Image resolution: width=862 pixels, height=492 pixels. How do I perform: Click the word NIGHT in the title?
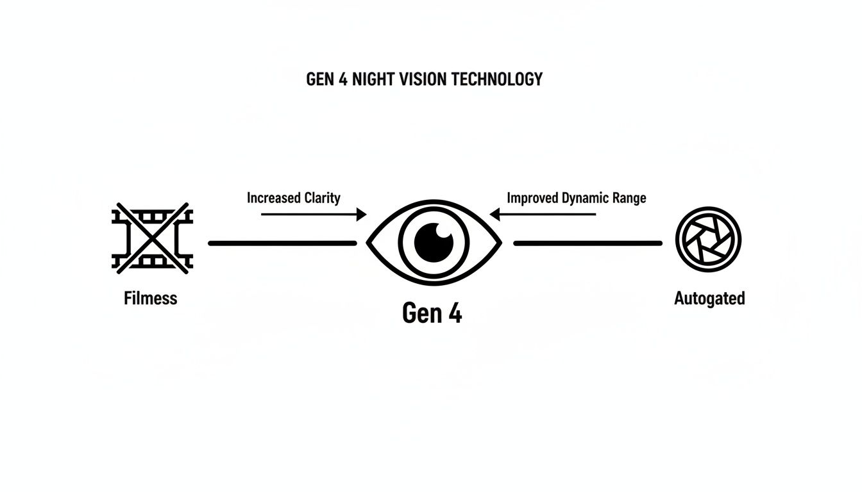click(375, 79)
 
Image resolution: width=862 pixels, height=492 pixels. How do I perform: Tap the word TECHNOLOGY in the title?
click(497, 79)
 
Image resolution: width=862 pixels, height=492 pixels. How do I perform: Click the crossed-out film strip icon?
click(152, 239)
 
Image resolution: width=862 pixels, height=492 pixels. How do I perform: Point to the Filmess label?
click(150, 298)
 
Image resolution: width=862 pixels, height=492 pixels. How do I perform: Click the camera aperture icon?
click(708, 240)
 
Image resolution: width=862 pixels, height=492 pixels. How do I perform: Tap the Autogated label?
click(709, 298)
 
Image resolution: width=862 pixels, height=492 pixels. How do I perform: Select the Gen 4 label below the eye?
click(432, 313)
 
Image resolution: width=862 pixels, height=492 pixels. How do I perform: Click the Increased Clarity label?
click(293, 197)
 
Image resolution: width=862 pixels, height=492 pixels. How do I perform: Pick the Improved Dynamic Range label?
click(576, 197)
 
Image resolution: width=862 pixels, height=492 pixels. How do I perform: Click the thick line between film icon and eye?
click(282, 243)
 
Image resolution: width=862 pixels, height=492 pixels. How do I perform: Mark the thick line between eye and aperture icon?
click(587, 243)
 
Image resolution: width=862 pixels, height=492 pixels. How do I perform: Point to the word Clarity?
click(318, 197)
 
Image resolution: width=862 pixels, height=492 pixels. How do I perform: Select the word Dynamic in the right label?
click(583, 197)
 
